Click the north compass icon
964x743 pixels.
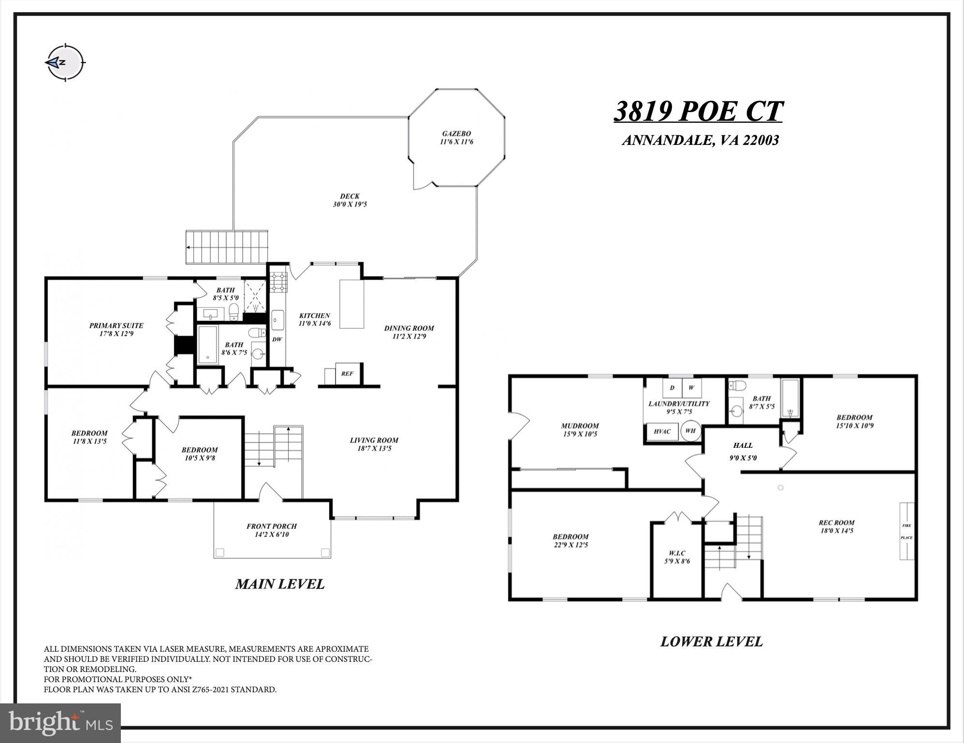click(65, 63)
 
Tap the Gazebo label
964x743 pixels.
click(456, 138)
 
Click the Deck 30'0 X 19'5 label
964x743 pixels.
click(350, 200)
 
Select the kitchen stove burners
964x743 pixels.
click(278, 283)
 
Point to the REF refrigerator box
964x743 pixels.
click(347, 373)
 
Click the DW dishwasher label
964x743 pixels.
click(277, 339)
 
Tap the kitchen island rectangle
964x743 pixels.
click(351, 304)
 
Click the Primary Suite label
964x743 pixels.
click(116, 329)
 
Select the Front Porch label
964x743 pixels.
click(271, 530)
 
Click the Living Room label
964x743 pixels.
click(374, 444)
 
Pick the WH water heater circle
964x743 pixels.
click(691, 431)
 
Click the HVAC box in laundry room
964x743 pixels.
click(662, 431)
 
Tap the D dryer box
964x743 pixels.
click(672, 388)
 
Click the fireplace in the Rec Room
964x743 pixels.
click(906, 531)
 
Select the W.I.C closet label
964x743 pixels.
click(677, 557)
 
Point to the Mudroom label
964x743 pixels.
click(580, 429)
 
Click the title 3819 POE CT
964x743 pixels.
click(698, 112)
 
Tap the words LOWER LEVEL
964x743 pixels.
click(711, 642)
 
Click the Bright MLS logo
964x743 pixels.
click(60, 722)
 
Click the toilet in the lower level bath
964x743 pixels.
click(738, 386)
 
